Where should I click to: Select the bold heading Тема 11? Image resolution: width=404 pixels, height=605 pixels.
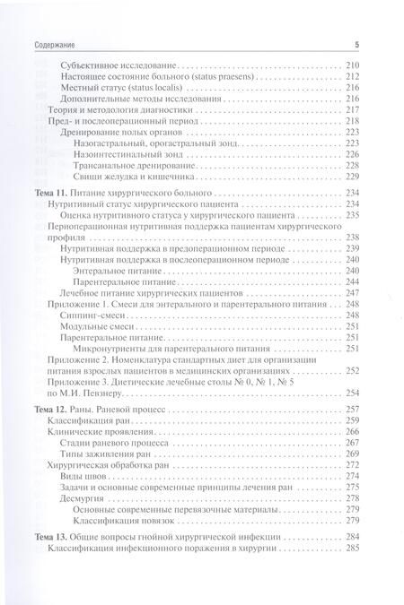click(x=50, y=194)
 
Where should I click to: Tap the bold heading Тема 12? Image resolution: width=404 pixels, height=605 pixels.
click(x=50, y=409)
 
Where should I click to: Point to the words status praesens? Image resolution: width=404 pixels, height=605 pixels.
click(x=218, y=79)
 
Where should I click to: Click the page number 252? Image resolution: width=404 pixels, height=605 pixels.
click(x=351, y=370)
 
